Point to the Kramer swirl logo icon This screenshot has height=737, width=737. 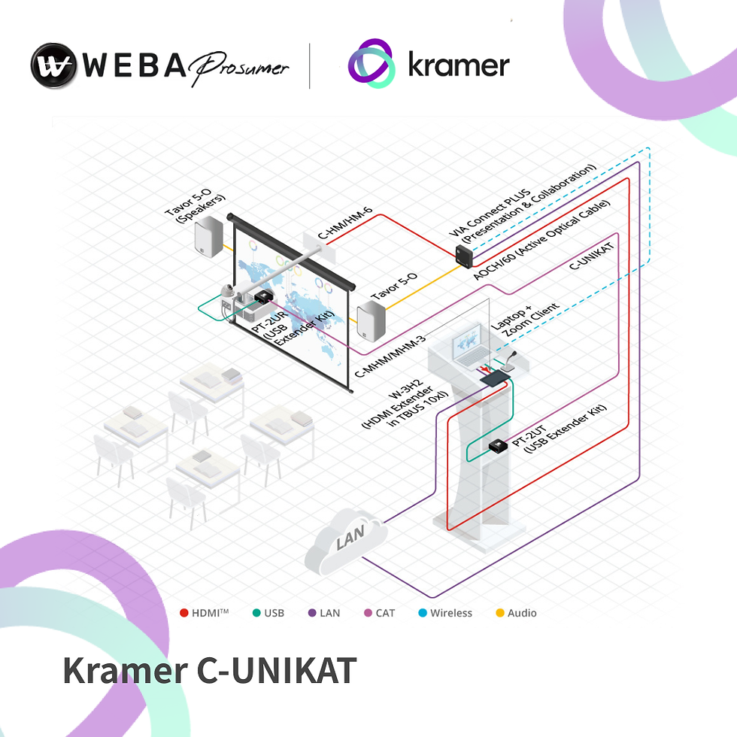(x=372, y=64)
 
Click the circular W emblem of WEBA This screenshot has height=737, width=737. (x=54, y=65)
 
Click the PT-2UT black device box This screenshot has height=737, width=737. (x=498, y=446)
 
